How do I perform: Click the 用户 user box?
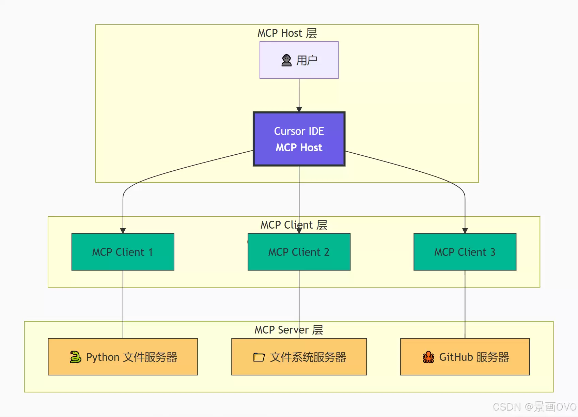coord(299,60)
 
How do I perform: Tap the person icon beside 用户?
coord(286,60)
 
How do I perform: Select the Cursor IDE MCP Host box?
coord(299,139)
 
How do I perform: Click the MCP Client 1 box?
coord(123,252)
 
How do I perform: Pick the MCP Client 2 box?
coord(299,252)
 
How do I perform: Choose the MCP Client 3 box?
coord(465,252)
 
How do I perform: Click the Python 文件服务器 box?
coord(123,357)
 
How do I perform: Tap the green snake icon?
coord(75,357)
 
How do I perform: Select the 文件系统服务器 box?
coord(299,357)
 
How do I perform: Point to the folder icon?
coord(259,357)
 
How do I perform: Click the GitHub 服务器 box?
coord(465,357)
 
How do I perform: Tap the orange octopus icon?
coord(428,357)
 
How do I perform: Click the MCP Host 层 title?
coord(287,33)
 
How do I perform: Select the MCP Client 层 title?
coord(294,225)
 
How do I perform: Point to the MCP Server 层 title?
coord(289,329)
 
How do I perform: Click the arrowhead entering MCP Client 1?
coord(123,231)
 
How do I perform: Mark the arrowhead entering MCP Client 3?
coord(465,231)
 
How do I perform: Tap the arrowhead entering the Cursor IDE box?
coord(299,109)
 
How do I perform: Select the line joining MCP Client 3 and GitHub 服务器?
coord(465,304)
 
